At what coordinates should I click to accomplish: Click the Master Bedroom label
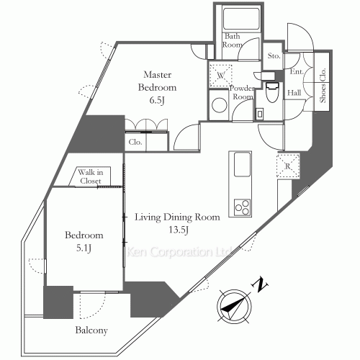click(x=157, y=81)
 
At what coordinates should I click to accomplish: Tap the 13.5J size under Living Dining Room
click(x=178, y=230)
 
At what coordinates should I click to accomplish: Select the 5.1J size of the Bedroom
click(x=84, y=248)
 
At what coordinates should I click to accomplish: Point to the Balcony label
click(x=91, y=330)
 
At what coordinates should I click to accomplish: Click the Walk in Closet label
click(x=91, y=176)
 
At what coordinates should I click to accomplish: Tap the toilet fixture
click(x=273, y=92)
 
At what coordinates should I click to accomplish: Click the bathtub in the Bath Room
click(x=241, y=19)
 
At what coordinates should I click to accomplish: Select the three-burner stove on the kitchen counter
click(x=242, y=207)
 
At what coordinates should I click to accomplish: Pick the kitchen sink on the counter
click(x=242, y=165)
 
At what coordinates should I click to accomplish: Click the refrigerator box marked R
click(x=288, y=166)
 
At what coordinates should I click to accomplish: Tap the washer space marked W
click(x=221, y=76)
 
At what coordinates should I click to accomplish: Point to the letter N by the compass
click(x=259, y=285)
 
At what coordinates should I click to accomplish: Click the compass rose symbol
click(x=234, y=307)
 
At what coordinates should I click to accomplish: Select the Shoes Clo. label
click(x=323, y=86)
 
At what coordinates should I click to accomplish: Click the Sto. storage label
click(x=274, y=56)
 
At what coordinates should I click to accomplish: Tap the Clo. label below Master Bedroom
click(x=135, y=142)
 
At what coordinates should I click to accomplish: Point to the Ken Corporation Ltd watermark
click(x=179, y=252)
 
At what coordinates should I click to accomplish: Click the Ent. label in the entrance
click(x=297, y=71)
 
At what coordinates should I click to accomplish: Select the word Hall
click(x=294, y=93)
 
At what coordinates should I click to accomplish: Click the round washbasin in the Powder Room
click(x=220, y=105)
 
